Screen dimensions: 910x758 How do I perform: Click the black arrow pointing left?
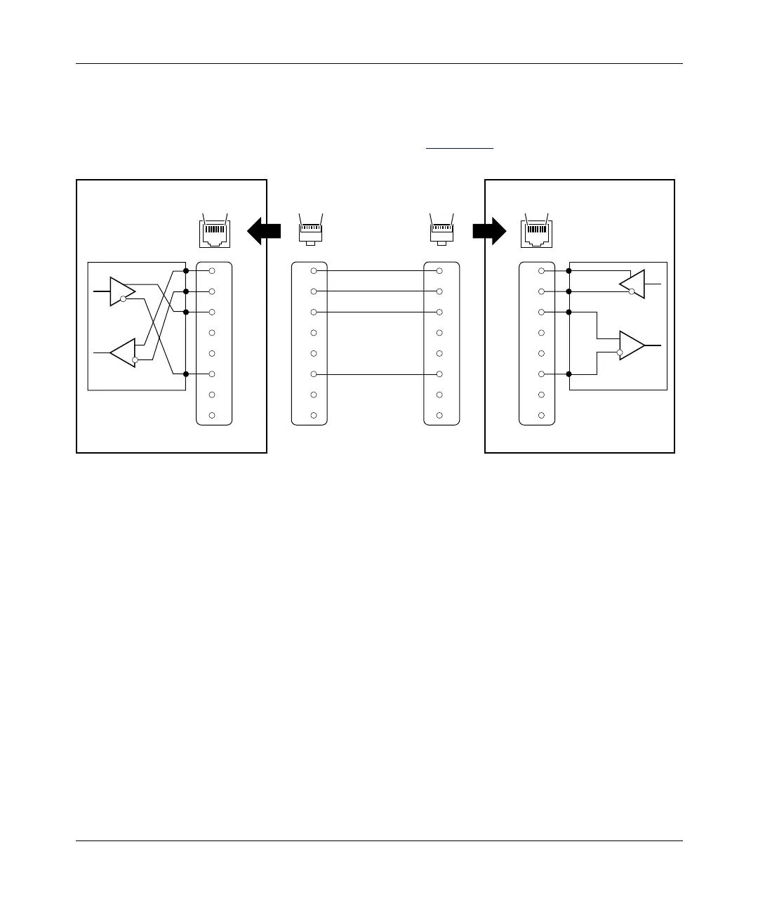[263, 230]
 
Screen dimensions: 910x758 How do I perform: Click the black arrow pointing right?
[489, 230]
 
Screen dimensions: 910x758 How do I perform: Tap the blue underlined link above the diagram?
[460, 148]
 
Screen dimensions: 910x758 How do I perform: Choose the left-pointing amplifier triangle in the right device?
[632, 284]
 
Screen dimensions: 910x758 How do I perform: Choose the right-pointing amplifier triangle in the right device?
[632, 345]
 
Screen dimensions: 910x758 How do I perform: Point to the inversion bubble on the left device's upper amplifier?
[123, 299]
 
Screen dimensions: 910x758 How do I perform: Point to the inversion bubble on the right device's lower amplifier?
[619, 352]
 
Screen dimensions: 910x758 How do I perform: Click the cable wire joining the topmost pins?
[376, 270]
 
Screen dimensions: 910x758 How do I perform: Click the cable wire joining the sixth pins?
[376, 374]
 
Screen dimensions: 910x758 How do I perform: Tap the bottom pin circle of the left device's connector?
[211, 416]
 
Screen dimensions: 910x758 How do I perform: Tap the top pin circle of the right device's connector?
[541, 270]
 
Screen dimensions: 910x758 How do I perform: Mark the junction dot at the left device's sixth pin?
[186, 374]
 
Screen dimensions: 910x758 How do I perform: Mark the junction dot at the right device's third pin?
[568, 312]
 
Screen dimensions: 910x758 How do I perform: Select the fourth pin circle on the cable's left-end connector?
[314, 333]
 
